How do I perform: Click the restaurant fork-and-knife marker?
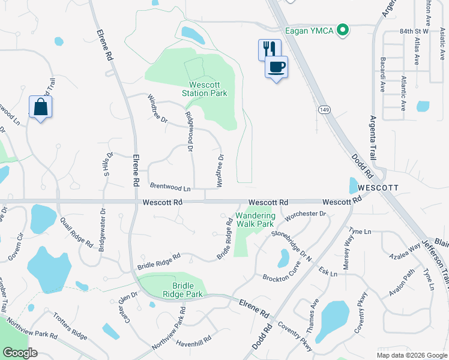(x=269, y=49)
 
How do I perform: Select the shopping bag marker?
(x=40, y=107)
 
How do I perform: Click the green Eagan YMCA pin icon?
(x=343, y=29)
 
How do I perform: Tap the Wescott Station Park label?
(x=205, y=89)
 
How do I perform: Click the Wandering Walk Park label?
(x=255, y=220)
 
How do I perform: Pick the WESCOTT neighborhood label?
(x=377, y=188)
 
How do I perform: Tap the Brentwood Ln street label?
(x=170, y=187)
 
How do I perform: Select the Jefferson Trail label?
(x=437, y=262)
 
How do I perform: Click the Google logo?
(x=20, y=353)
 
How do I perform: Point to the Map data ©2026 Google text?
(x=412, y=355)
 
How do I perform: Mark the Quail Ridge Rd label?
(x=76, y=233)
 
